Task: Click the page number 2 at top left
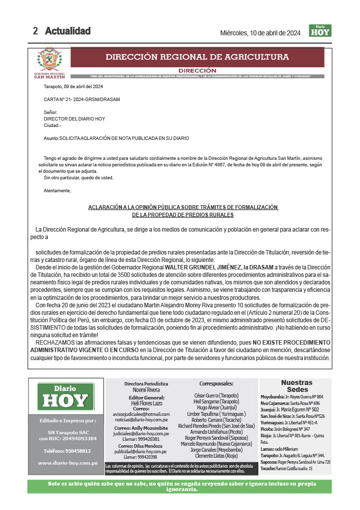pos(35,31)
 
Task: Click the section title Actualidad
pos(68,31)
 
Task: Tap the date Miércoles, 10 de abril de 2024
pos(260,33)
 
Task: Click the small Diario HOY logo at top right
pos(320,30)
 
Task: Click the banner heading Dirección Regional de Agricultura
pos(197,57)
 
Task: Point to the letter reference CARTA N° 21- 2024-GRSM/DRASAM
pos(82,100)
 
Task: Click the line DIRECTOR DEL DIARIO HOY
pos(74,119)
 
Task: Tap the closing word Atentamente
pos(57,191)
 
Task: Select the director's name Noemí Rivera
pos(146,390)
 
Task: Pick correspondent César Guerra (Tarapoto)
pos(216,395)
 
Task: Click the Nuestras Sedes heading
pos(296,386)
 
